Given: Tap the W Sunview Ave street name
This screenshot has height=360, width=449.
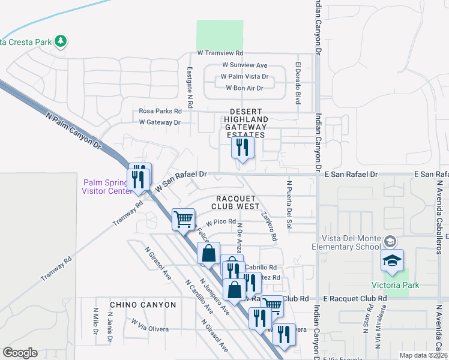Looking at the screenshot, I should (x=244, y=65).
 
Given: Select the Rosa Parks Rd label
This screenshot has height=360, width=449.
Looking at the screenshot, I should (x=160, y=111).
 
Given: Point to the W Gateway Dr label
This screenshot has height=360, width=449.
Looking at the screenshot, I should (x=160, y=122).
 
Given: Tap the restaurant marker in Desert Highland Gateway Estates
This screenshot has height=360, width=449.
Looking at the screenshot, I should (x=243, y=148).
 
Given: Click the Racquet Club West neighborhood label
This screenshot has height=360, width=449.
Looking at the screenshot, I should (x=236, y=202).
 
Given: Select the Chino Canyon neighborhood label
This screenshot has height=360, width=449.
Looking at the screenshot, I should (x=141, y=305).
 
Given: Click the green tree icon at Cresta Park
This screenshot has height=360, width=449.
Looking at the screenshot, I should (x=59, y=41).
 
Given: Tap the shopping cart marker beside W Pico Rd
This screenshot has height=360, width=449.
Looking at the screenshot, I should (x=182, y=218).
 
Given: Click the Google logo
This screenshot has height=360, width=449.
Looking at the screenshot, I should (x=20, y=352).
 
